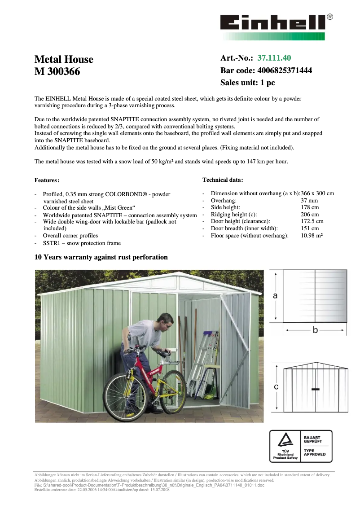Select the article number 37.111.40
click(x=274, y=58)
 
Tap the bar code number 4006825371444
click(x=285, y=70)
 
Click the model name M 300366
click(x=57, y=71)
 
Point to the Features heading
click(x=47, y=180)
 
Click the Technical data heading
click(x=223, y=180)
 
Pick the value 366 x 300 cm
click(x=317, y=193)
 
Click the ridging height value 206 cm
click(x=310, y=215)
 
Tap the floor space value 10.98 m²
click(x=312, y=236)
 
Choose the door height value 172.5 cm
click(x=312, y=221)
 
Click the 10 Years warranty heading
click(x=101, y=257)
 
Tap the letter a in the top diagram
click(x=275, y=295)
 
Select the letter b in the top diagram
click(x=315, y=330)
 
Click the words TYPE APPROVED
click(x=315, y=452)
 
